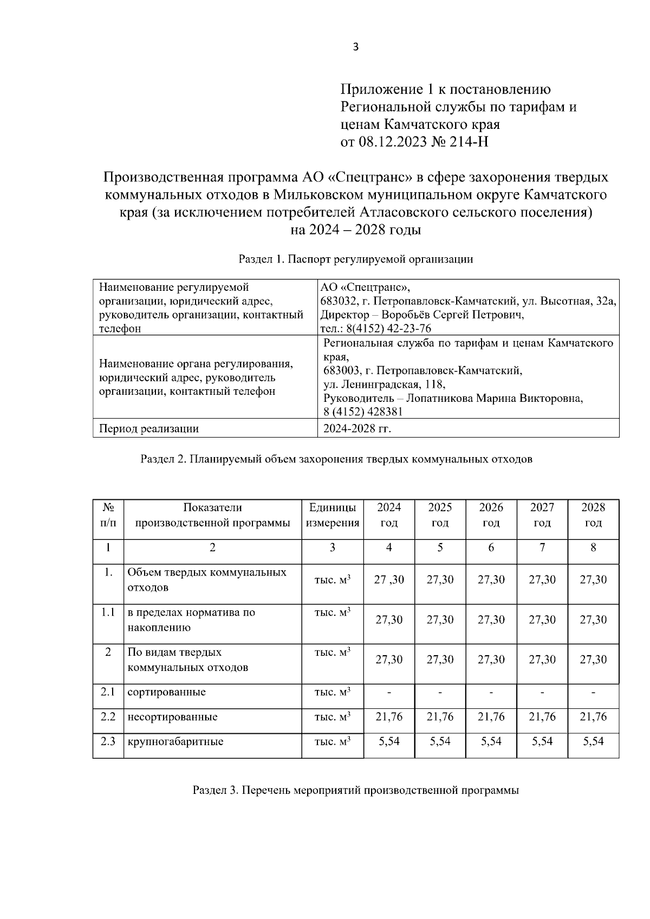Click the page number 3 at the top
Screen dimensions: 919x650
coord(355,47)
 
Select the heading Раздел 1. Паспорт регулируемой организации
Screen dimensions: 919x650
coord(356,259)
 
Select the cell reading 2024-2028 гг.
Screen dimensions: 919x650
coord(357,429)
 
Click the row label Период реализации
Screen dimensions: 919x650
coord(148,429)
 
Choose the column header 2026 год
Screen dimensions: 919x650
coord(491,515)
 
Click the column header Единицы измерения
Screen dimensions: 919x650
coord(333,515)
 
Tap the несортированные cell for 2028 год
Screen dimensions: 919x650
coord(593,717)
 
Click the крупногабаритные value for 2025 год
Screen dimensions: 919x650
coord(440,742)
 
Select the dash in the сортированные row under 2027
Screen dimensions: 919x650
coord(542,693)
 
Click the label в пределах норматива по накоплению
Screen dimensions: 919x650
coord(191,620)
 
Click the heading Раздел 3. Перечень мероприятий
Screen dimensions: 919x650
coord(356,790)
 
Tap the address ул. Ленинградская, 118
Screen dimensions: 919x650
coord(384,384)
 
